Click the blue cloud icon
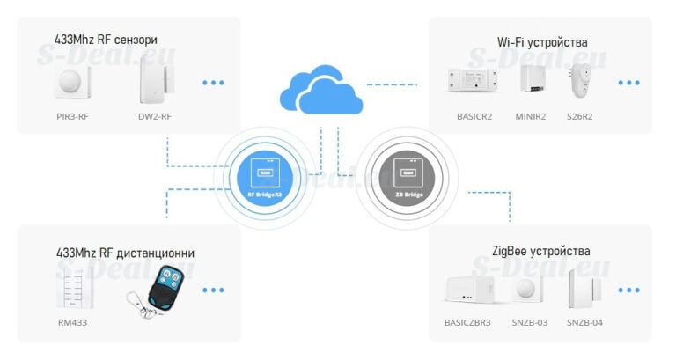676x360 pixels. [x=320, y=89]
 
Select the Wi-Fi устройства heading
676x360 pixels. [x=541, y=42]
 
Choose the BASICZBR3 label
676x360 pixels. [x=467, y=323]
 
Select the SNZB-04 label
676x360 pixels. [x=584, y=323]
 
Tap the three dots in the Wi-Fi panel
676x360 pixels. [x=628, y=83]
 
